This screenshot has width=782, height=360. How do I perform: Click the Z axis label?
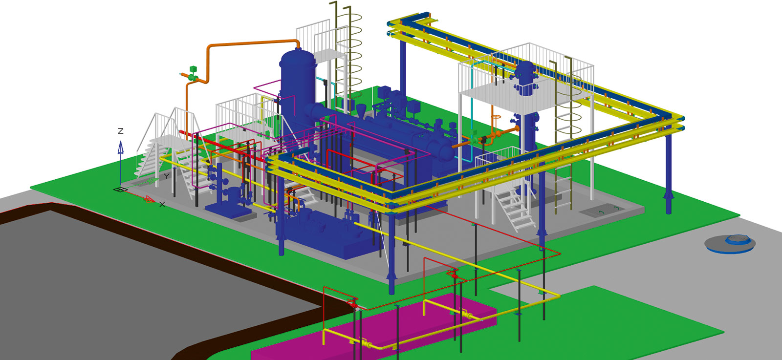click(x=120, y=131)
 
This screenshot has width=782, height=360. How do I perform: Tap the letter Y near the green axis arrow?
click(x=167, y=176)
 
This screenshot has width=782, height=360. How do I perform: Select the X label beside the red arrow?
click(x=162, y=204)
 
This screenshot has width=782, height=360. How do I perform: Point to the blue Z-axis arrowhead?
click(x=120, y=147)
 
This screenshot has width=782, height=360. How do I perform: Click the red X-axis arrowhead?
click(x=150, y=199)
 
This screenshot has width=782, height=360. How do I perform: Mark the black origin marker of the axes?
click(x=120, y=190)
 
